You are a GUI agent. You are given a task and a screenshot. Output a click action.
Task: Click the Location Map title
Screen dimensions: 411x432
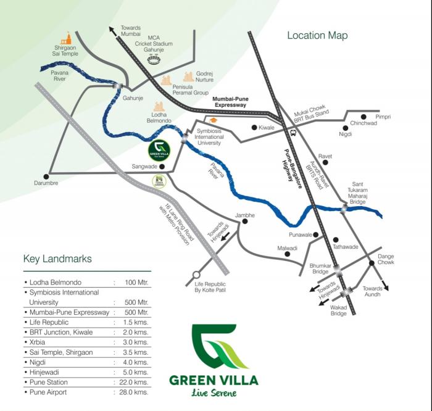click(x=317, y=35)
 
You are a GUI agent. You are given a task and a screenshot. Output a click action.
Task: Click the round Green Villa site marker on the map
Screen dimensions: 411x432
click(x=156, y=150)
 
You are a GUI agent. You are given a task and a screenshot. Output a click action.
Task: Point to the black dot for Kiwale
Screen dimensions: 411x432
click(x=254, y=127)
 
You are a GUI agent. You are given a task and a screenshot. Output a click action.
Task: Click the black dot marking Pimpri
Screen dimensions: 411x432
click(x=364, y=117)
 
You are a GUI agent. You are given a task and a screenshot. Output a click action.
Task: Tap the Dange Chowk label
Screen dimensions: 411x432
click(x=386, y=260)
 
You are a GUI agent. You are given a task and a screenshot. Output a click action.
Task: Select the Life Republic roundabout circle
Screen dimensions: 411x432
click(x=196, y=275)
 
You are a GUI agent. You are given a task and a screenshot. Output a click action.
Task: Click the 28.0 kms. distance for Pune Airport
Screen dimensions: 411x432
click(x=135, y=392)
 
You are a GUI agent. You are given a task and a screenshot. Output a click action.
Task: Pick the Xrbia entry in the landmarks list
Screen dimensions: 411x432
click(x=35, y=341)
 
